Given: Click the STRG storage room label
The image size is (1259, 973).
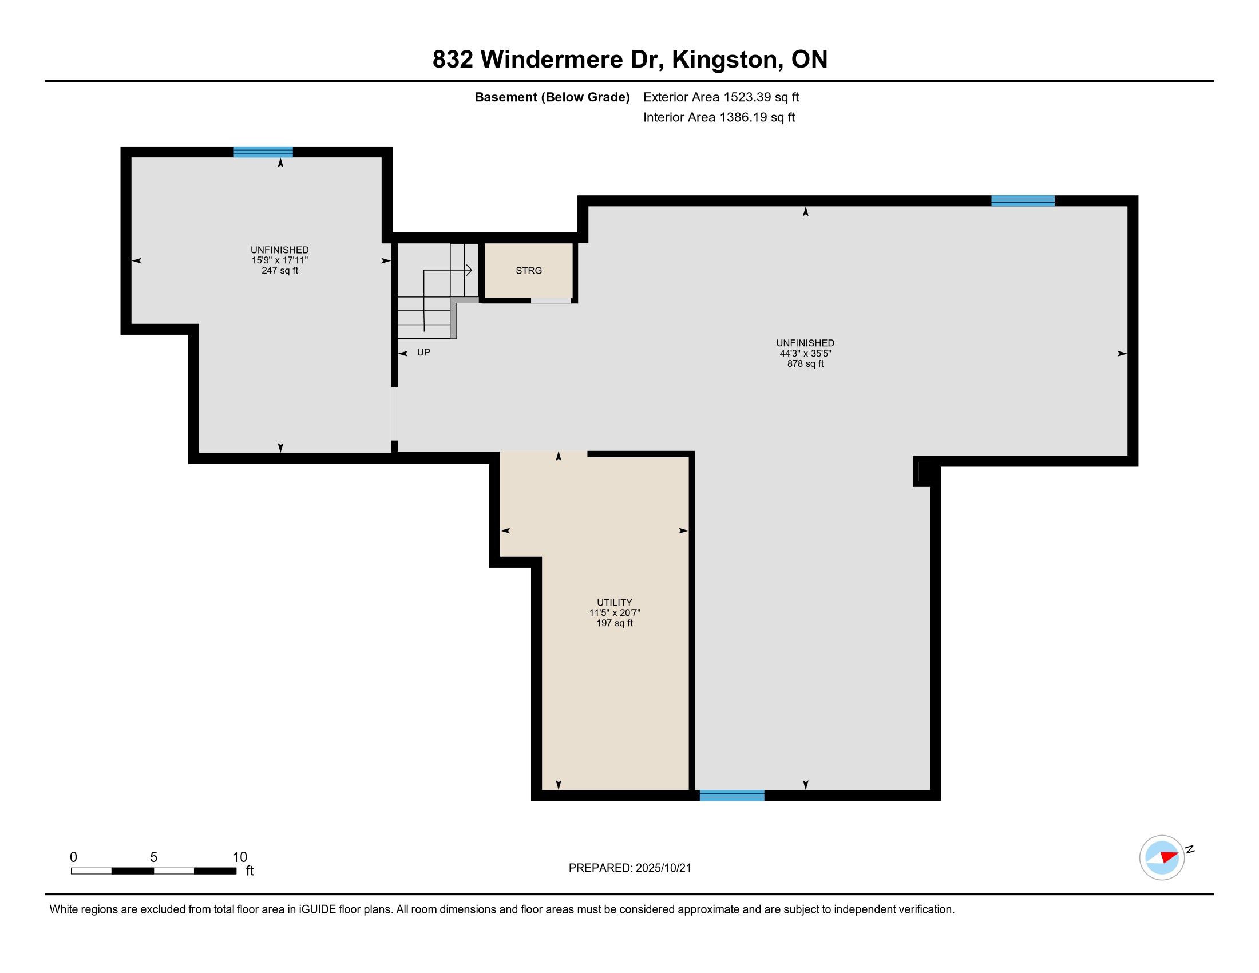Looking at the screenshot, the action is [529, 270].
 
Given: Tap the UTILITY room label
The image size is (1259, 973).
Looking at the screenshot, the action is [615, 602].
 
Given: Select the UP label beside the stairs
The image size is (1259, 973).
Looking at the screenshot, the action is [423, 352].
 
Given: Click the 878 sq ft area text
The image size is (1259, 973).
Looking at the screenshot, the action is [805, 363].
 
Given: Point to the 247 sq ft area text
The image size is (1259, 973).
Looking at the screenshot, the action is [280, 270].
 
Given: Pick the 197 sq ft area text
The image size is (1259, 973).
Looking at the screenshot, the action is [615, 623].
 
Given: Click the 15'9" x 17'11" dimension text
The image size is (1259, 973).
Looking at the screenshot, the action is [280, 260].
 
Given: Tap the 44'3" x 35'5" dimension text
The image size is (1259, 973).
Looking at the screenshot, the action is [805, 353].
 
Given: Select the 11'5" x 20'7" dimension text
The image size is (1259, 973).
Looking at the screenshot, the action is [615, 613].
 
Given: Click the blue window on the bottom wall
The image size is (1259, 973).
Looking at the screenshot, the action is [732, 796].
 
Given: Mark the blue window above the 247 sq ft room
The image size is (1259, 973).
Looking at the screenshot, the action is [263, 152].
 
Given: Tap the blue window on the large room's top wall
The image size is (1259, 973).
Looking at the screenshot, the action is [1023, 200].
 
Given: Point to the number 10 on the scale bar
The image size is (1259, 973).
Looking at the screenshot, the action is [240, 857].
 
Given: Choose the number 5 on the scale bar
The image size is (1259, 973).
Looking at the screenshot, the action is [153, 857].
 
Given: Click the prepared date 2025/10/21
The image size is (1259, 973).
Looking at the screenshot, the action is [663, 868].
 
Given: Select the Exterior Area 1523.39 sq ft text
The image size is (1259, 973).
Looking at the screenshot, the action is [721, 97].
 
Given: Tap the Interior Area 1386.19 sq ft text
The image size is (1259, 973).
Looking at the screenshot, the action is [719, 117].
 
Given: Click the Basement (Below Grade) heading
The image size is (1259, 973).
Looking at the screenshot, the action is [552, 97].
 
